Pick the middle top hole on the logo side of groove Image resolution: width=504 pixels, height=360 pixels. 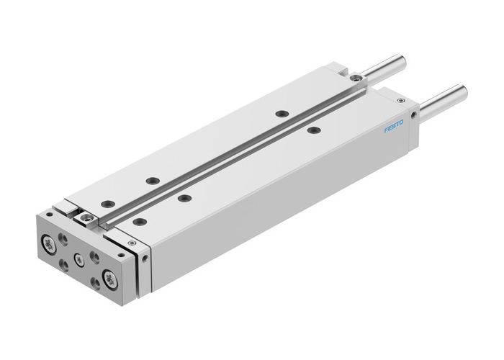point(185,198)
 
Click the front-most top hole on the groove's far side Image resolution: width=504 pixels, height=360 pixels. point(106,203)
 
